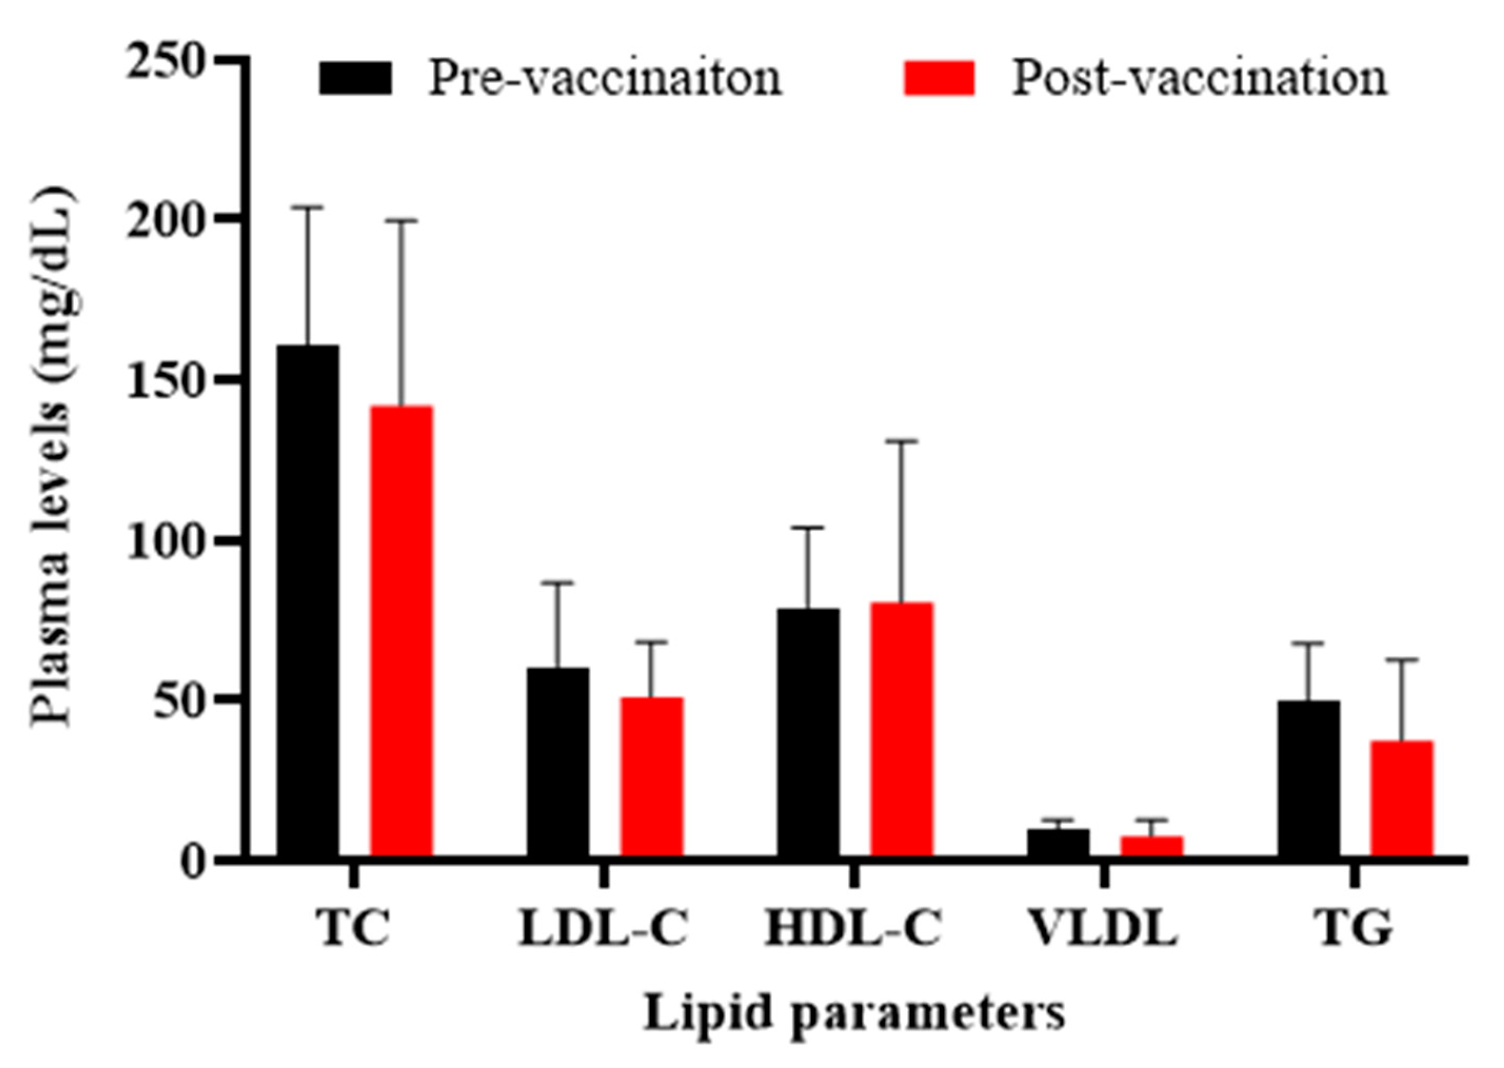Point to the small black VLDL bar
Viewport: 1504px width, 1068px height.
pyautogui.click(x=1058, y=842)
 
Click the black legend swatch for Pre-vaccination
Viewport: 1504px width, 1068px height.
pyautogui.click(x=355, y=78)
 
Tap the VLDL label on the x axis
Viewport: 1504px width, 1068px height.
pyautogui.click(x=1104, y=928)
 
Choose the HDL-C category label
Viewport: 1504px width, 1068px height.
pyautogui.click(x=853, y=928)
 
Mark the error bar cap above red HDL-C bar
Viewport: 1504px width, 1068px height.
pyautogui.click(x=901, y=441)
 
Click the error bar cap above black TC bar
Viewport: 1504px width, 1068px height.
pyautogui.click(x=307, y=207)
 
